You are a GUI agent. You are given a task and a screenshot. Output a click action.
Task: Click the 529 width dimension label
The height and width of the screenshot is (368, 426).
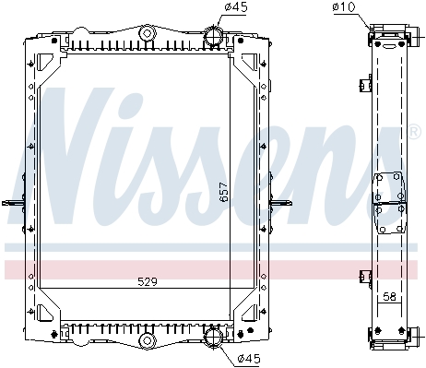[148, 281]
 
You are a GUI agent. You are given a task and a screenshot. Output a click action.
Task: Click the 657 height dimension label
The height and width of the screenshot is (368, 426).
[224, 192]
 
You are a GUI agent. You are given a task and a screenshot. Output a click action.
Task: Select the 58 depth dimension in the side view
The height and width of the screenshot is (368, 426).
[390, 297]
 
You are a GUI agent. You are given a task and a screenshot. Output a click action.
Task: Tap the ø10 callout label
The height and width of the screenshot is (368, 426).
[344, 6]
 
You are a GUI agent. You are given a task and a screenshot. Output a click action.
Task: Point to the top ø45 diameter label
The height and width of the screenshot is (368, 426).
[236, 6]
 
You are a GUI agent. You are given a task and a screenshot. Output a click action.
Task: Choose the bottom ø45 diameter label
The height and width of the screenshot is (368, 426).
[249, 358]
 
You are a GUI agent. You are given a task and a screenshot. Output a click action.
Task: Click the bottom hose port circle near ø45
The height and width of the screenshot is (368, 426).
[213, 337]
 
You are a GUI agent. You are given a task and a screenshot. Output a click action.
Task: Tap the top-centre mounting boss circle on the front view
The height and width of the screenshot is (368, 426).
[148, 33]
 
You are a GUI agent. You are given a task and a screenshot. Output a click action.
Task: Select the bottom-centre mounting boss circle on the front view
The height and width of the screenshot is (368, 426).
[148, 340]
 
